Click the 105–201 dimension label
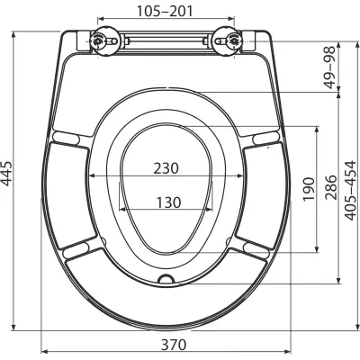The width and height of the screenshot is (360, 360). click(165, 11)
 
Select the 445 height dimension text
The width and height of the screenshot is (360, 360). click(6, 174)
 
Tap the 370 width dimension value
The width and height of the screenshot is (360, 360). click(174, 345)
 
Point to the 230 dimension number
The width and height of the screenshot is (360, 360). click(166, 168)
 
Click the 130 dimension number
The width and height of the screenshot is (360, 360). click(168, 202)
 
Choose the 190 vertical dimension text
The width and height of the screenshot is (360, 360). click(309, 190)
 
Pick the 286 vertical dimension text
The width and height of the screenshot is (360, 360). click(331, 187)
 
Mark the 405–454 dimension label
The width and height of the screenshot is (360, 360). click(351, 191)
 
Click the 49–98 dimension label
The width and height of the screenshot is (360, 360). click(330, 67)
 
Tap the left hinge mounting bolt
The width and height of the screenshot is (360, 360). click(97, 40)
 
